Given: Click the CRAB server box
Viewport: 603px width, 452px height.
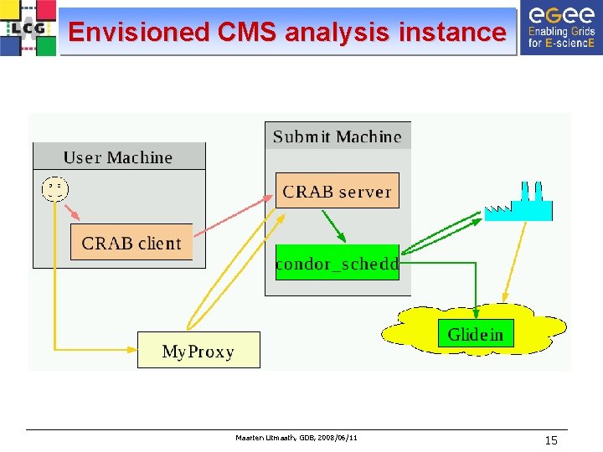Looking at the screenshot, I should point(337,192).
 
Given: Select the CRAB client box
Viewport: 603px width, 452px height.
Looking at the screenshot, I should point(131,243).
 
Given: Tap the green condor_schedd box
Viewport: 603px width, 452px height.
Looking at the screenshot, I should point(337,264).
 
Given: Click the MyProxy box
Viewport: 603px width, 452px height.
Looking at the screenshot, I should point(198,351).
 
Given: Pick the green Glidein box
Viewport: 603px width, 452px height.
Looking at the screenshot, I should point(476,335).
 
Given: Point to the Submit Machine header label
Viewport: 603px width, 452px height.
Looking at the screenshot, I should point(338,136).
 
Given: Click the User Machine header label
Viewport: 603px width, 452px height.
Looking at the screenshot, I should point(118,157).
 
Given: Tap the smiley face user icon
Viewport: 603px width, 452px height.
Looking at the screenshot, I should point(54,189).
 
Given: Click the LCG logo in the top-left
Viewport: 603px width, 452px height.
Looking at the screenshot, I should point(28,28).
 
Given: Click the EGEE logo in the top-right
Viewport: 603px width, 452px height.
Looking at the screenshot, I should point(560,28).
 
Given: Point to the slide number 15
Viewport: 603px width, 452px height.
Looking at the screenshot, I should point(550,440).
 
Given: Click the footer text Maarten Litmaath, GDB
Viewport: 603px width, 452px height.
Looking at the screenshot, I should point(297,438).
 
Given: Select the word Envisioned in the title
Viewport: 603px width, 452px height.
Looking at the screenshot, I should point(138,33).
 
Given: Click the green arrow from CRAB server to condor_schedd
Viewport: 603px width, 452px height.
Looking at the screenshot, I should point(333,226).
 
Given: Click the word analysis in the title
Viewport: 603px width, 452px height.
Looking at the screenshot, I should point(337,33).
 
